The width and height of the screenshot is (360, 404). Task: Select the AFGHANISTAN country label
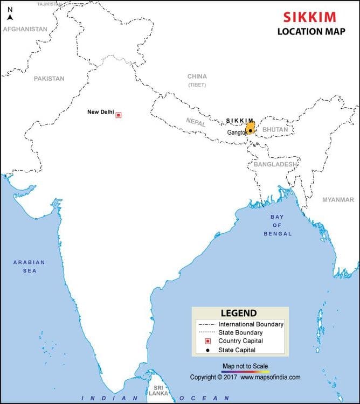click(25, 29)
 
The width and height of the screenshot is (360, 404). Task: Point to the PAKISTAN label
click(49, 79)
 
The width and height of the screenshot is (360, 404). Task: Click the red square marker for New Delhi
click(119, 115)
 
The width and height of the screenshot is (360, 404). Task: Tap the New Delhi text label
click(101, 112)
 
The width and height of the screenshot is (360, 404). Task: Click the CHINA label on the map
click(197, 76)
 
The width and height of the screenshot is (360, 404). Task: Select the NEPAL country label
click(197, 122)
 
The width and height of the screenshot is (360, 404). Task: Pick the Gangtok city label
click(237, 133)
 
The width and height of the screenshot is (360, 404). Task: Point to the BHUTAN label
click(275, 130)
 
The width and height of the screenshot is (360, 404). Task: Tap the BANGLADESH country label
click(275, 164)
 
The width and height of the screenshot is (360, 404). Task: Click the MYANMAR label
click(338, 200)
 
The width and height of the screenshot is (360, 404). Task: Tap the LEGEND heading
click(239, 314)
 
